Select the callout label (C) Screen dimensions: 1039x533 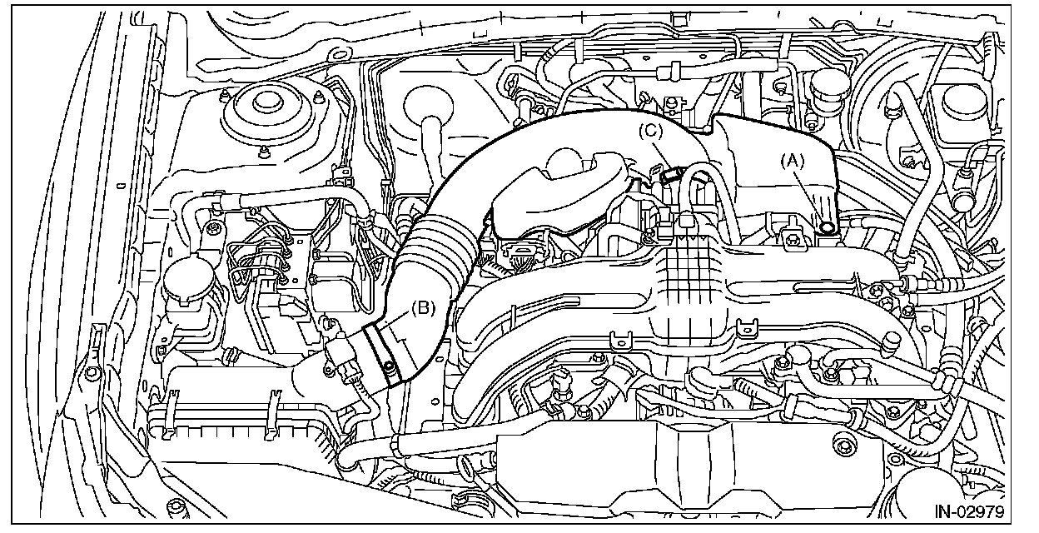(x=651, y=131)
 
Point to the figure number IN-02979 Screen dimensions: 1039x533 (x=969, y=510)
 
